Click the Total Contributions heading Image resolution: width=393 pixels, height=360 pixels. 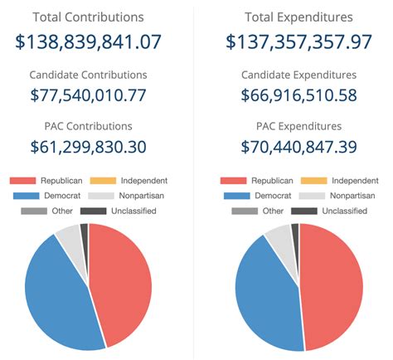tap(89, 17)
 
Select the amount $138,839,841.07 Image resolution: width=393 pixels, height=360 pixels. tap(89, 42)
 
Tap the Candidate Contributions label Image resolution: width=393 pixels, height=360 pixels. tap(89, 75)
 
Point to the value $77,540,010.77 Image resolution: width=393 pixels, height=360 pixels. tap(89, 95)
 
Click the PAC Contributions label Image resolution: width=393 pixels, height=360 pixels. tap(89, 126)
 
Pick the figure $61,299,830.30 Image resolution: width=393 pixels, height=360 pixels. tap(89, 147)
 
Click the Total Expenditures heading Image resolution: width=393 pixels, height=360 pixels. tap(298, 17)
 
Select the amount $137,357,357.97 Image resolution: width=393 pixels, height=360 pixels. tap(298, 42)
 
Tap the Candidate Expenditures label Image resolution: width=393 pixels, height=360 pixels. tap(298, 75)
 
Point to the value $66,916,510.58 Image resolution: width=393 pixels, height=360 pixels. tap(298, 95)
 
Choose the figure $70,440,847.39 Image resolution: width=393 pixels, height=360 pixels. tap(298, 147)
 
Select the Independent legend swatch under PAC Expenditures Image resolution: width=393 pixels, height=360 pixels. tap(313, 180)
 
